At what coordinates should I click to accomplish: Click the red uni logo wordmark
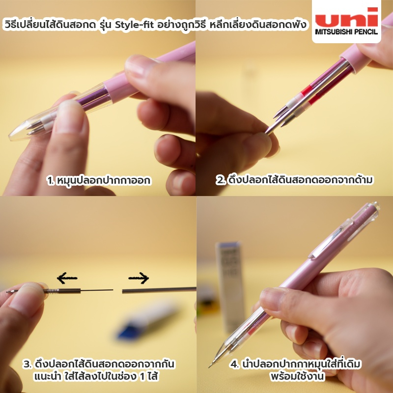346,17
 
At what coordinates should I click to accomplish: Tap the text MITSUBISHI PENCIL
346,32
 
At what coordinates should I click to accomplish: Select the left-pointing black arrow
67,278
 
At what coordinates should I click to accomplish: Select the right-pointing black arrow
139,278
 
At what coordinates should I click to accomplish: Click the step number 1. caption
99,180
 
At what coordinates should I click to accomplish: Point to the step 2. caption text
294,180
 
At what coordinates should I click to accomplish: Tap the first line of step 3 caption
99,364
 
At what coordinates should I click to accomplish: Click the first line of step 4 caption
295,364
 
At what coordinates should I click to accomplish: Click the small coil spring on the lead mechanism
52,291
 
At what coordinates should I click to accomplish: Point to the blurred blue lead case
145,323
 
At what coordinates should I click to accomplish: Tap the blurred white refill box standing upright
230,286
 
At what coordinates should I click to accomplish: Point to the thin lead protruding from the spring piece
97,290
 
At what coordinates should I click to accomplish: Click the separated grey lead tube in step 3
159,290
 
